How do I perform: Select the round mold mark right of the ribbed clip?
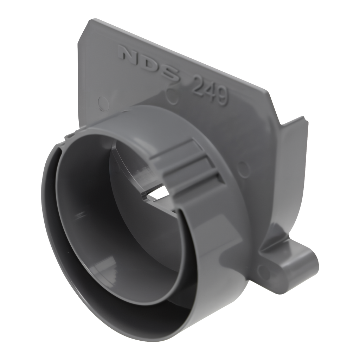pyautogui.click(x=244, y=167)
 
